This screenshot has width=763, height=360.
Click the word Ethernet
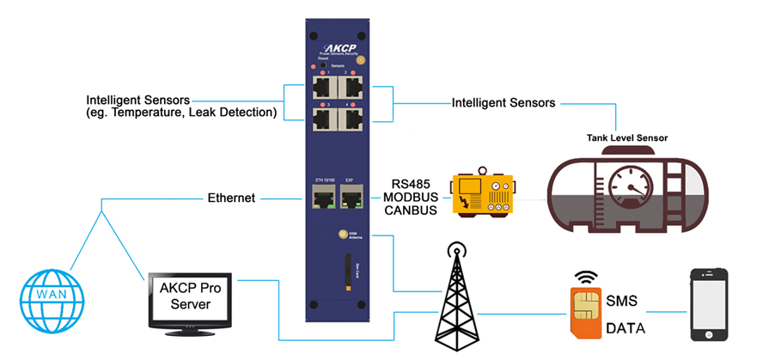pyautogui.click(x=231, y=198)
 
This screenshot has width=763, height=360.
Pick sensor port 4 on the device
pyautogui.click(x=351, y=119)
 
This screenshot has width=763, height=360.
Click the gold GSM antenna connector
pyautogui.click(x=341, y=233)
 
